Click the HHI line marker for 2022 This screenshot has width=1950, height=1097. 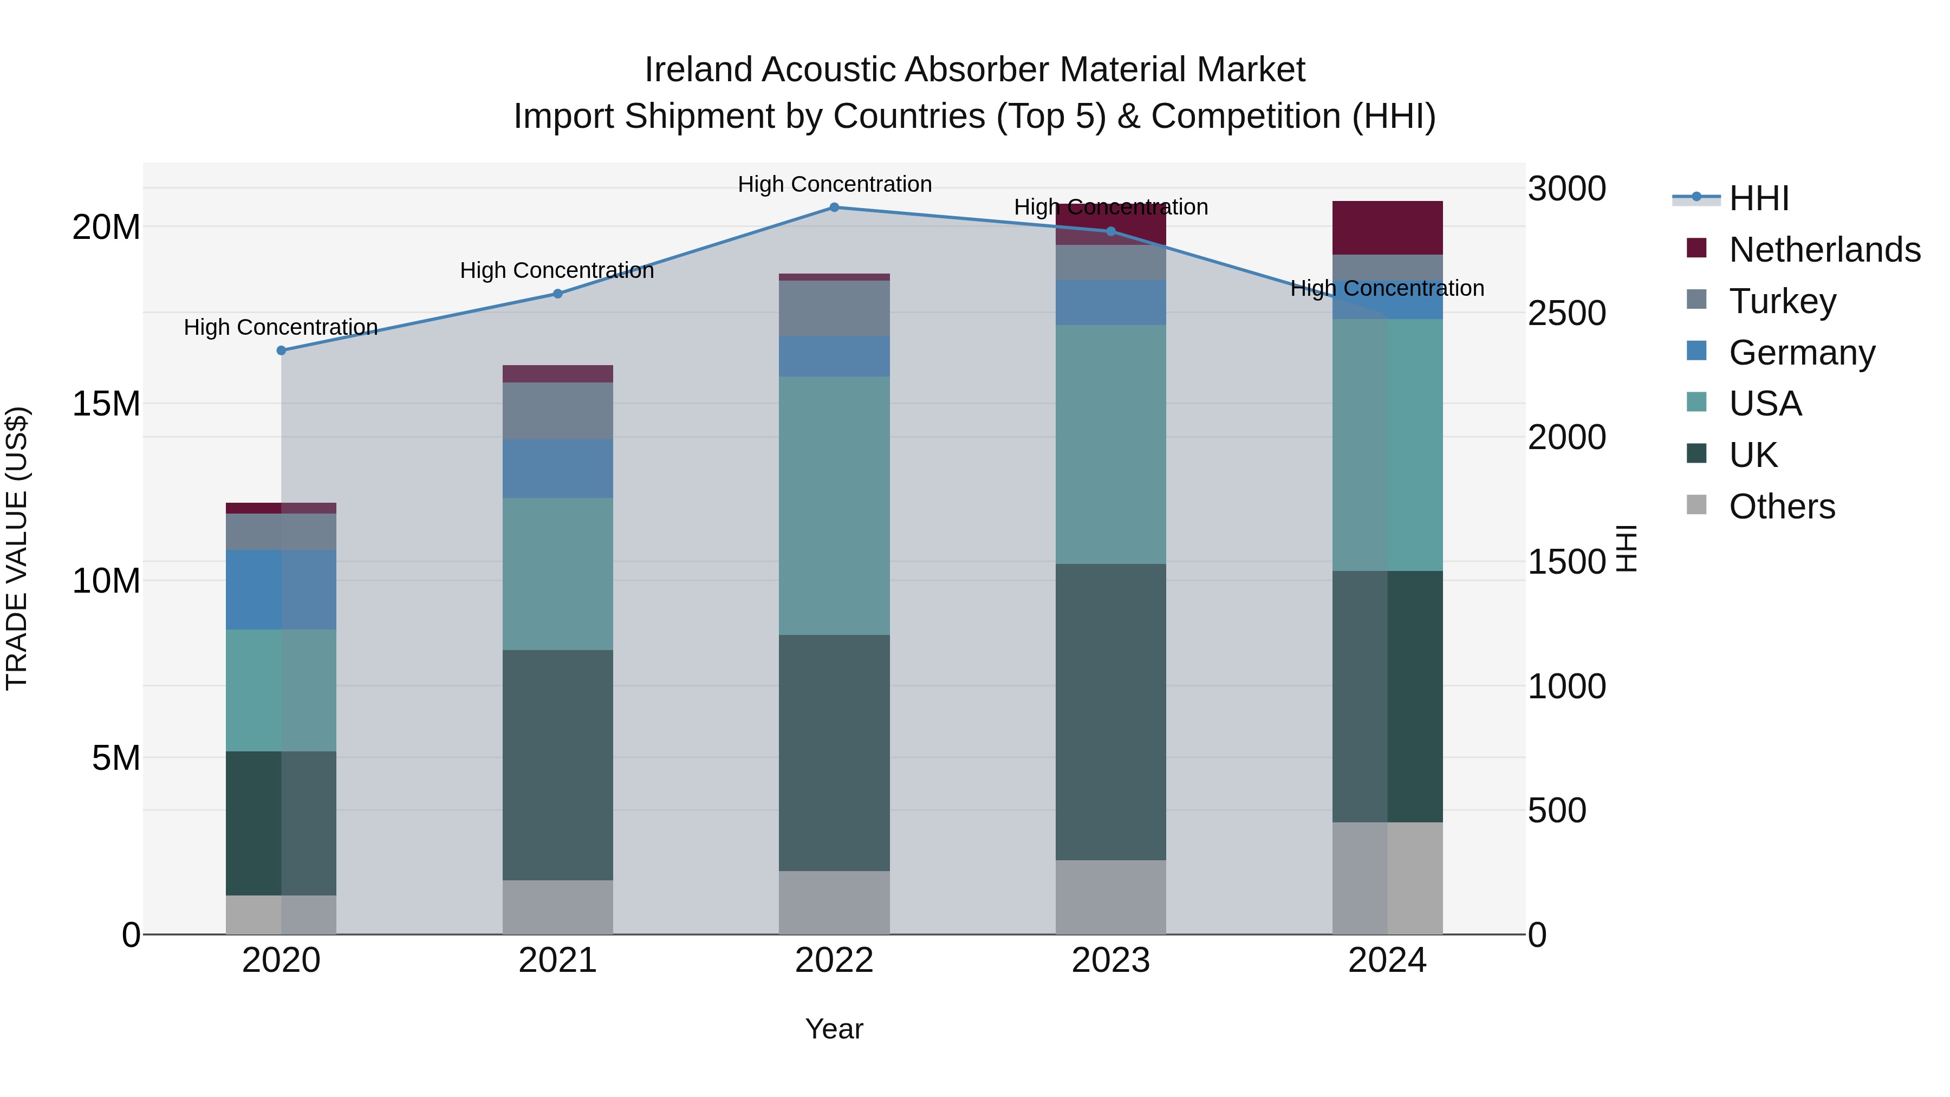pos(834,207)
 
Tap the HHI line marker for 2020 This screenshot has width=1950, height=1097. pos(281,350)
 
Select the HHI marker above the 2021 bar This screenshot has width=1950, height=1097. pos(558,294)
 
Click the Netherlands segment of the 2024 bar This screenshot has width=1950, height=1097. pos(1387,228)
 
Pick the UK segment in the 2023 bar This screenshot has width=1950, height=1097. pos(1110,712)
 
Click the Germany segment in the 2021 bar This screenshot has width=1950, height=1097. pos(558,468)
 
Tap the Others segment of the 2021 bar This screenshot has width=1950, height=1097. pos(558,906)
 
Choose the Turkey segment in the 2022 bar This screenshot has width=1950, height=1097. pos(834,308)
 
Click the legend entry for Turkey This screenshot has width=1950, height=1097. pos(1782,301)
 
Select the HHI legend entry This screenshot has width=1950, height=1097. pos(1758,198)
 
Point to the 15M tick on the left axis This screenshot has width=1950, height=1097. pos(106,404)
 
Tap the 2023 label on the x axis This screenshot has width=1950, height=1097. pos(1110,960)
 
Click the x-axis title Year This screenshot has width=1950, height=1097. pos(834,1029)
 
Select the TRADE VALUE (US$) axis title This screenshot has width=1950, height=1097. pos(17,548)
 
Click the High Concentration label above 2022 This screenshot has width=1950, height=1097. pos(834,184)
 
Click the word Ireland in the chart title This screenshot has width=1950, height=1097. pos(698,70)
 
